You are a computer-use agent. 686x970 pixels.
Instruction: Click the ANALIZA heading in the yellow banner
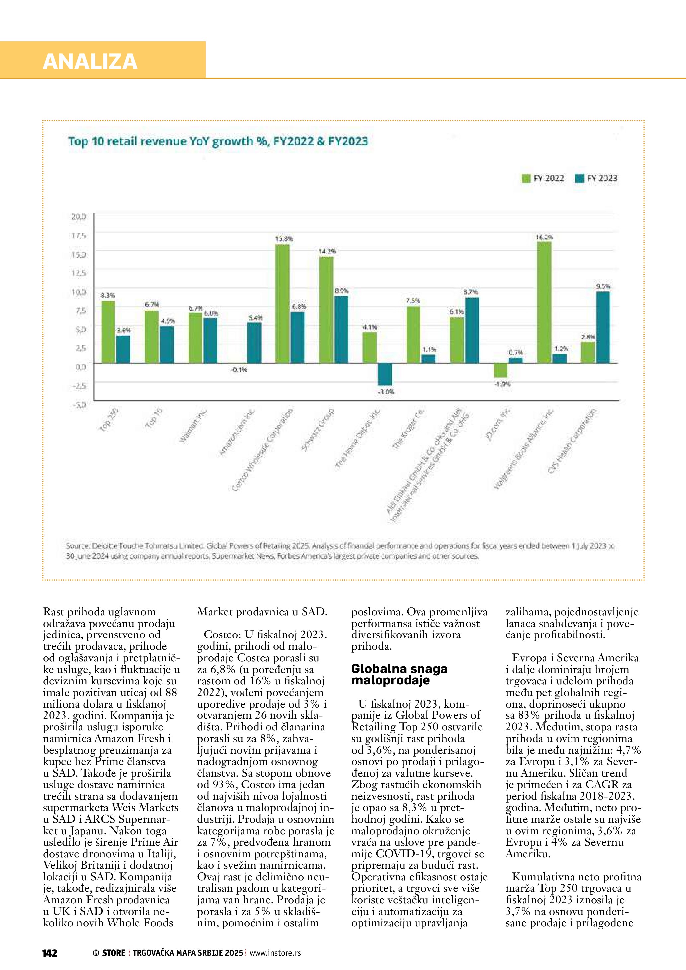tap(90, 61)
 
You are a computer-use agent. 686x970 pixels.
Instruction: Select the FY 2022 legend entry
tap(543, 178)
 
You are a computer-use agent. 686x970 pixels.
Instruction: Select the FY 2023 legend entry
tap(596, 178)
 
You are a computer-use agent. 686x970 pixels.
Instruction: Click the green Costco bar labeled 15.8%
tap(282, 303)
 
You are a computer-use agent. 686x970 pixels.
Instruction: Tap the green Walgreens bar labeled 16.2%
tap(544, 302)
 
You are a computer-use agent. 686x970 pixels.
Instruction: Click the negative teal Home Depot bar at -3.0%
tap(385, 374)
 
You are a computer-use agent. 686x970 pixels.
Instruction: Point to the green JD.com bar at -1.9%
tap(500, 370)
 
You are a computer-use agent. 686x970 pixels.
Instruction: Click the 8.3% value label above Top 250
tap(107, 295)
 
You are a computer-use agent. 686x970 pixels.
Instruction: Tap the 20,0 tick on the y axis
tap(79, 217)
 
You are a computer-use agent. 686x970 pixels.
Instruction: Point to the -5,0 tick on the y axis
tap(79, 404)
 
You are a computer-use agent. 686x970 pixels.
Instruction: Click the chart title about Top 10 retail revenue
tap(218, 141)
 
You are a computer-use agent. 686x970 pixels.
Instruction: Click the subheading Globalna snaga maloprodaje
tap(399, 674)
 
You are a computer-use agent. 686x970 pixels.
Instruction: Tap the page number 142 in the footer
tap(50, 953)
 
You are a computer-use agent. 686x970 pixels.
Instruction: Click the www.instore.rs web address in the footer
tap(275, 953)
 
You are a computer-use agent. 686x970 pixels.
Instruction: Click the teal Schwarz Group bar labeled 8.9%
tap(341, 330)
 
